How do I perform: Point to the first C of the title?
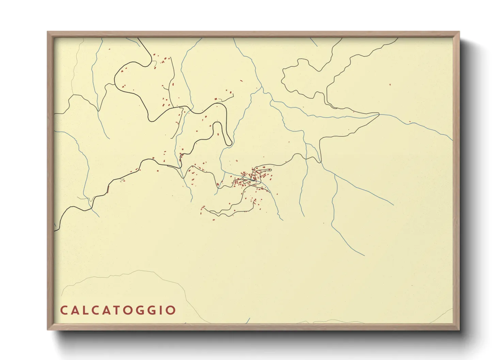(63, 310)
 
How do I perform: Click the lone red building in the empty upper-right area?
(390, 85)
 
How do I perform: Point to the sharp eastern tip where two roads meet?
(379, 114)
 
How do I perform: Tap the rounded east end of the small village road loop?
(271, 169)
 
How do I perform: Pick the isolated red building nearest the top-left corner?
(110, 49)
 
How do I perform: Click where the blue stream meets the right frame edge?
(452, 140)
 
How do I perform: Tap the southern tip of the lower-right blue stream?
(364, 255)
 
